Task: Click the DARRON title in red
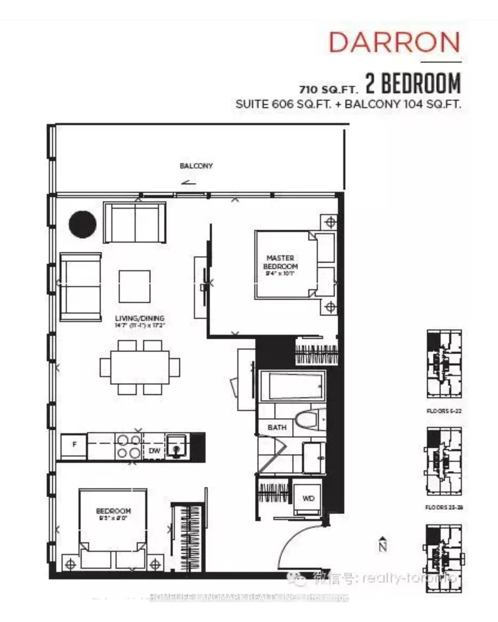click(x=394, y=42)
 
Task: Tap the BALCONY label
click(x=196, y=166)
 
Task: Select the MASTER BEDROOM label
click(x=280, y=262)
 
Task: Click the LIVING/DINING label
click(x=140, y=318)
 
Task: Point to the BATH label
click(x=277, y=428)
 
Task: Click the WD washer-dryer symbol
click(x=308, y=499)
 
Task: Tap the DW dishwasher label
click(x=154, y=451)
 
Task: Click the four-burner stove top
click(x=129, y=446)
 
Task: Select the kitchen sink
click(x=177, y=446)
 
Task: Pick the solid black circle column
click(x=83, y=224)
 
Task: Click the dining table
click(x=140, y=367)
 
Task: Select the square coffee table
click(x=135, y=286)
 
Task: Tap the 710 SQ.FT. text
click(x=328, y=89)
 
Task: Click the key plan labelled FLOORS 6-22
click(x=444, y=364)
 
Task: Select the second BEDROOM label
click(x=113, y=511)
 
